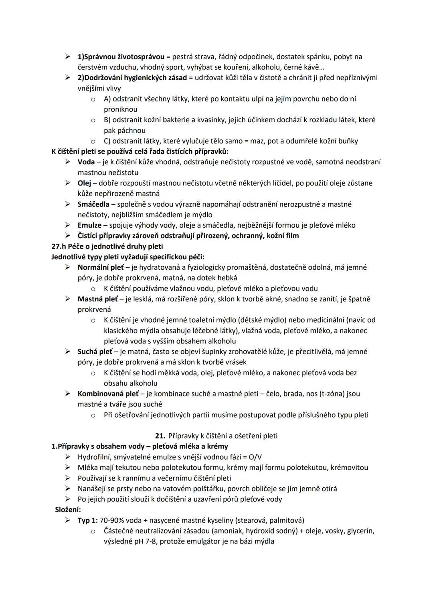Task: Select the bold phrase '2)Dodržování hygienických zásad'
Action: click(x=132, y=78)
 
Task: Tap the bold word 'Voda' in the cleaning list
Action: click(x=86, y=162)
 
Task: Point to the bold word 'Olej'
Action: click(x=85, y=183)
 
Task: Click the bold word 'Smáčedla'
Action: click(x=93, y=204)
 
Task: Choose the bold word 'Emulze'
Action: click(x=89, y=225)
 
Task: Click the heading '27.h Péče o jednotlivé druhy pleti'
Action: click(x=107, y=246)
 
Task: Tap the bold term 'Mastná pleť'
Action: click(x=98, y=299)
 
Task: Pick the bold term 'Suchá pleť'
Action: click(x=95, y=351)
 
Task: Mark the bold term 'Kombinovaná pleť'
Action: click(x=108, y=394)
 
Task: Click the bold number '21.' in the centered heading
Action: click(x=160, y=436)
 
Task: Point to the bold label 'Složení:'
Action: click(x=68, y=510)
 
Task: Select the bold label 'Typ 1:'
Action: click(x=88, y=520)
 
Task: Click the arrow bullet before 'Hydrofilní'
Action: click(x=68, y=457)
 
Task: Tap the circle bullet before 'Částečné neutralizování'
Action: click(x=93, y=531)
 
